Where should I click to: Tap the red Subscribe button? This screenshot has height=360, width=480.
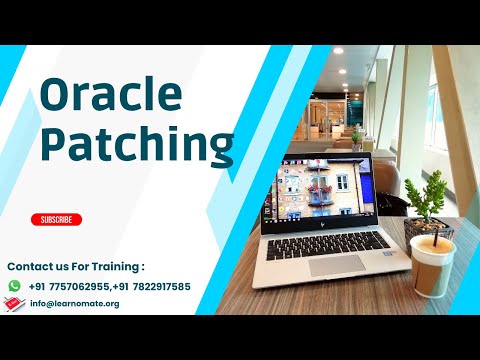coord(56,219)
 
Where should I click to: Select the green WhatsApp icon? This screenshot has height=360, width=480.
coord(14,285)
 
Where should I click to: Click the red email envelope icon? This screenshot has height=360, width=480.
coord(14,303)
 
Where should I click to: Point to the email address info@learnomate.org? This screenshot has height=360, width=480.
coord(75,303)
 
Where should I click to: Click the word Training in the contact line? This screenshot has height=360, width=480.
coord(112,267)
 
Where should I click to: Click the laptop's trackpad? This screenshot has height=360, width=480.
coord(335,265)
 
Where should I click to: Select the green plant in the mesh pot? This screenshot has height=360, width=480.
coord(425,195)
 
